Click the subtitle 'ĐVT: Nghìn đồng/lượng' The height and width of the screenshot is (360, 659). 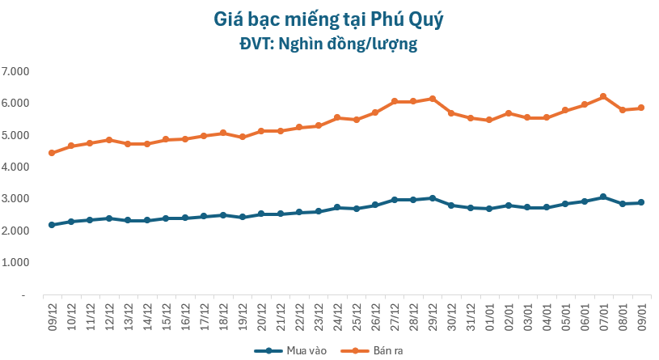coord(329,44)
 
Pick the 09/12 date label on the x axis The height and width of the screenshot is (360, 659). coord(53,312)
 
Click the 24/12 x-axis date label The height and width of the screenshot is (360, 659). coord(337,312)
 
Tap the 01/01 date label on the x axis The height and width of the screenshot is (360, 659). coord(489,312)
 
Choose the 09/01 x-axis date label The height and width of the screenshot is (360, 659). coord(641,312)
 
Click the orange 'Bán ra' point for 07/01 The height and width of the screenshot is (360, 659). coord(603,97)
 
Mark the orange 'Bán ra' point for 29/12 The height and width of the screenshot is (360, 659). coord(433,99)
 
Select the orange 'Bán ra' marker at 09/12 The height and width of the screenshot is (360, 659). coord(52,153)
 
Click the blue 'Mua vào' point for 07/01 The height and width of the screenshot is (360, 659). coord(603,197)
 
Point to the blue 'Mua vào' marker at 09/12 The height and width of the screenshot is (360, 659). coord(52,225)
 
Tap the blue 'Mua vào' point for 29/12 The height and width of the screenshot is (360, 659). coord(433,198)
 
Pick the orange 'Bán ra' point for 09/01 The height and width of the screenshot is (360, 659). coord(641,108)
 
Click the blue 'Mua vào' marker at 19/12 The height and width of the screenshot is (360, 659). coord(242,217)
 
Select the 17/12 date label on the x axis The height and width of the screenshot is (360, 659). coord(205,312)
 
